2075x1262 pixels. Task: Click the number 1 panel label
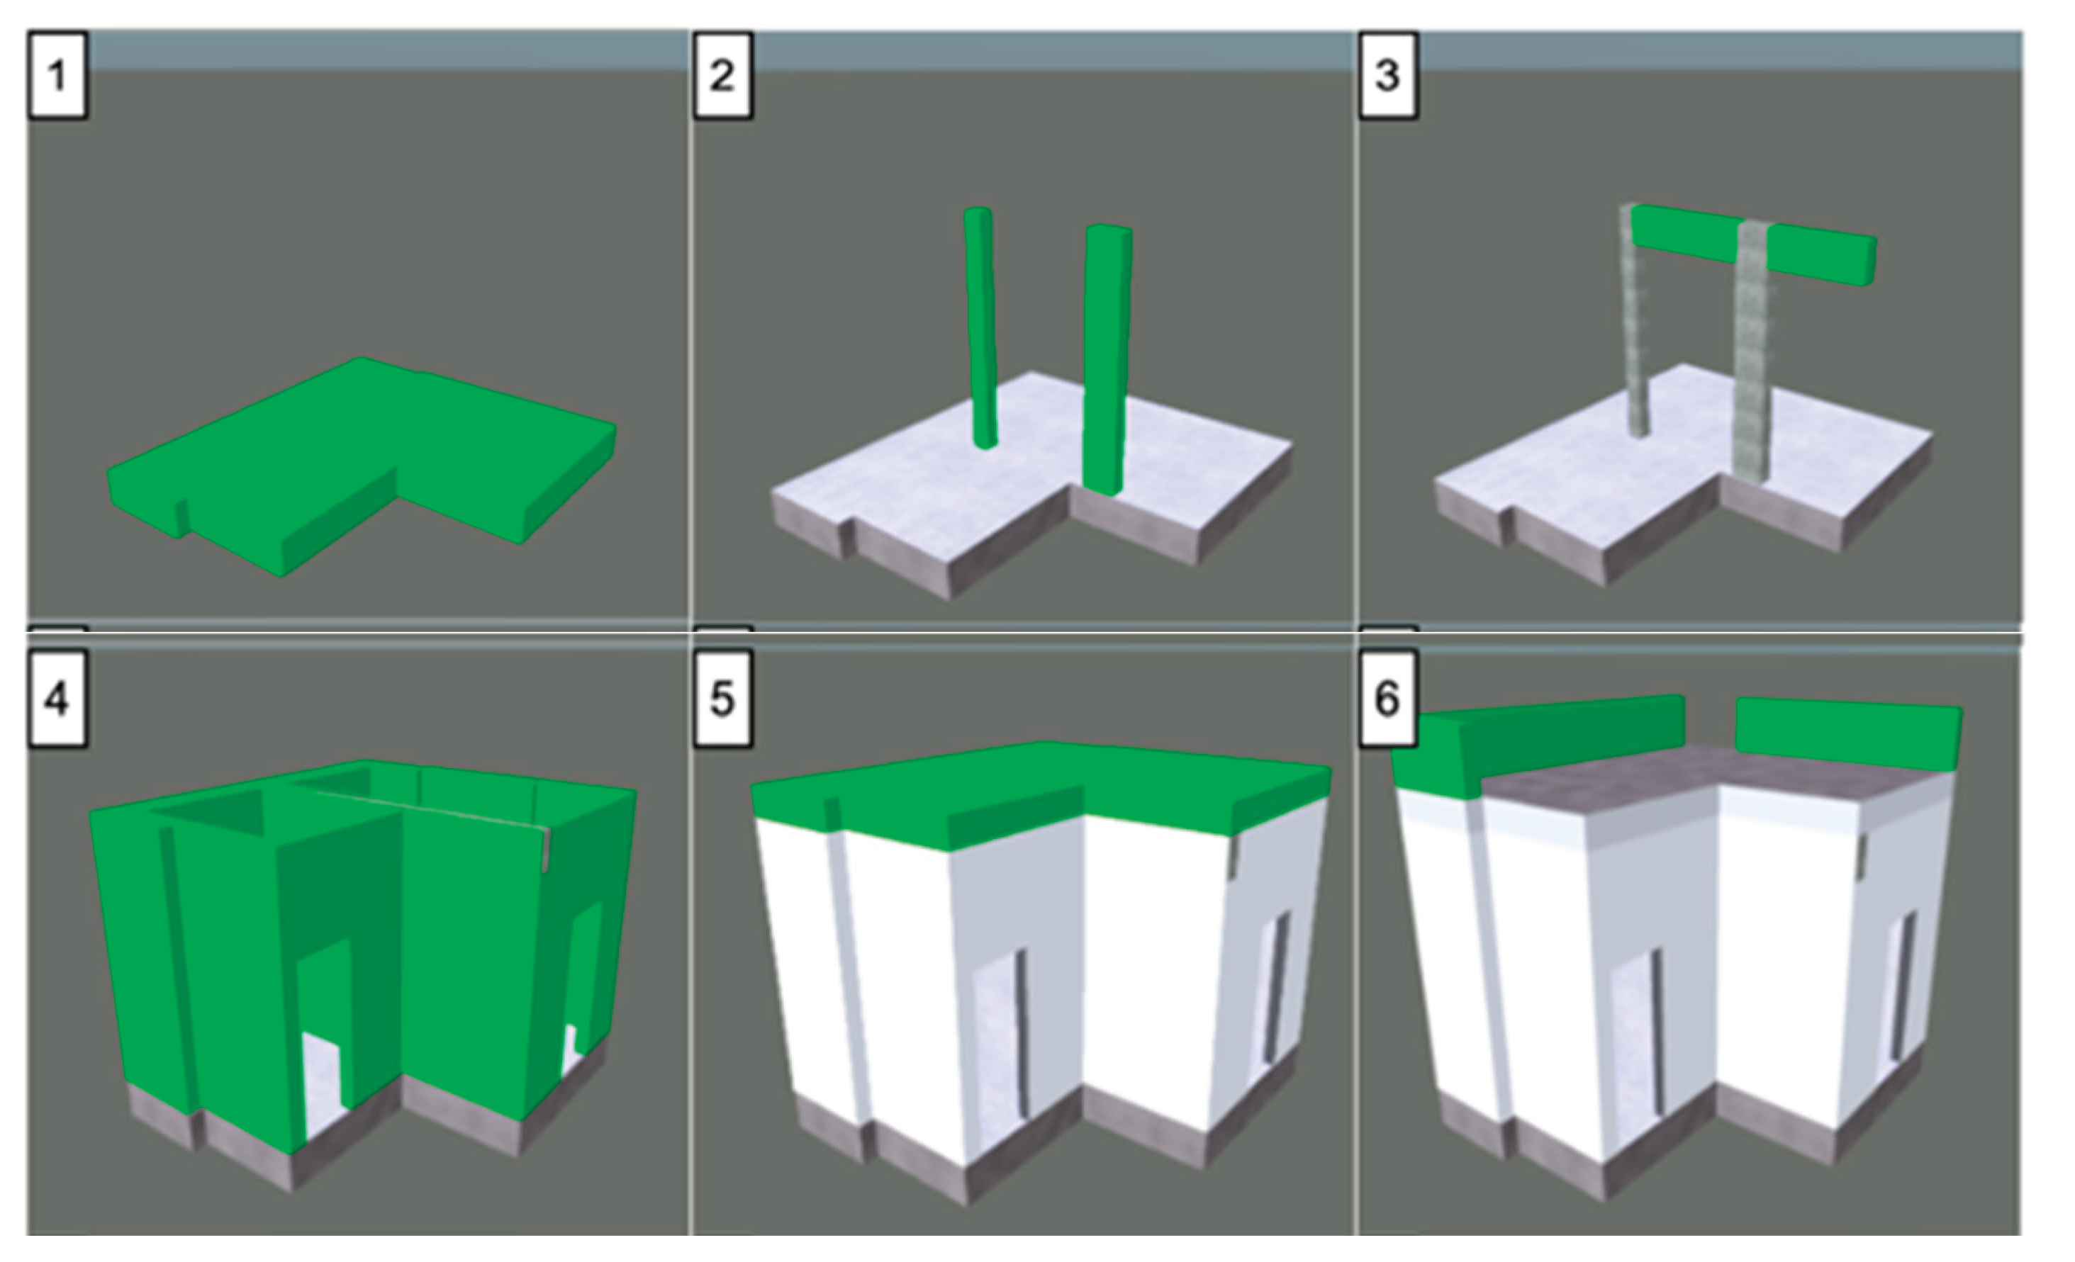[x=57, y=75]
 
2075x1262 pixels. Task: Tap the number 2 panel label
[x=722, y=75]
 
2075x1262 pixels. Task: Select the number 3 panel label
[x=1388, y=75]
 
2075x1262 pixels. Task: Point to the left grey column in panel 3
[x=1635, y=332]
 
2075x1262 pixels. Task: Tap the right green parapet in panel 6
[x=1847, y=733]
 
